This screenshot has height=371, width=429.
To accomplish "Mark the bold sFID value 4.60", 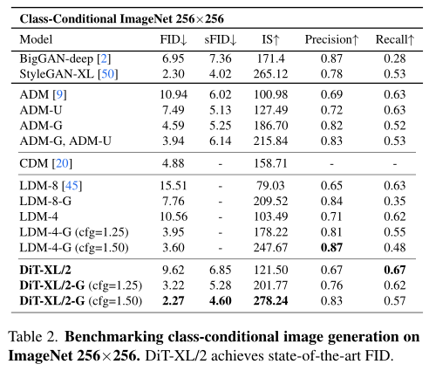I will [226, 302].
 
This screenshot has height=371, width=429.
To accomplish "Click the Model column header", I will [36, 39].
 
